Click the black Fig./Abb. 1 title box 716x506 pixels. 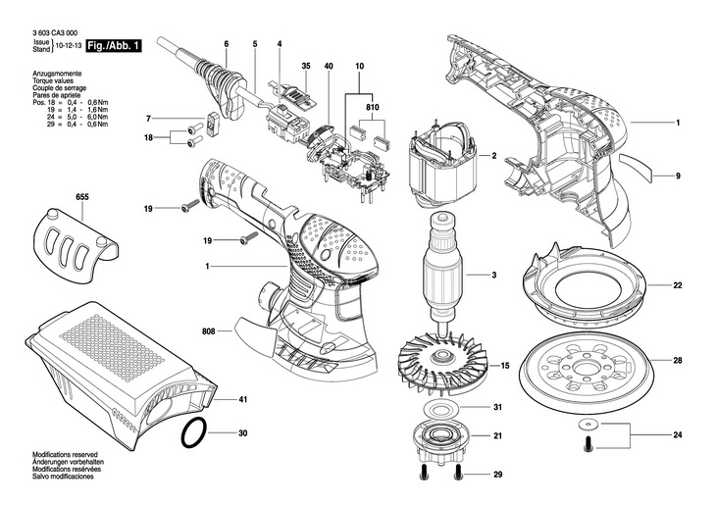point(114,46)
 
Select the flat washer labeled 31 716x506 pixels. point(440,407)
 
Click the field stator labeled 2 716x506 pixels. point(441,165)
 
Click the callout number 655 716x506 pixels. point(82,197)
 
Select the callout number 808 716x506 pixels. point(209,331)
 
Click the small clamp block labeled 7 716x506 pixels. point(213,124)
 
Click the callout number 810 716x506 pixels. point(372,108)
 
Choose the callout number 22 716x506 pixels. point(677,285)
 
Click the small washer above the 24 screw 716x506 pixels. point(588,425)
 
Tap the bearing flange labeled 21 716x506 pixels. point(441,438)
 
